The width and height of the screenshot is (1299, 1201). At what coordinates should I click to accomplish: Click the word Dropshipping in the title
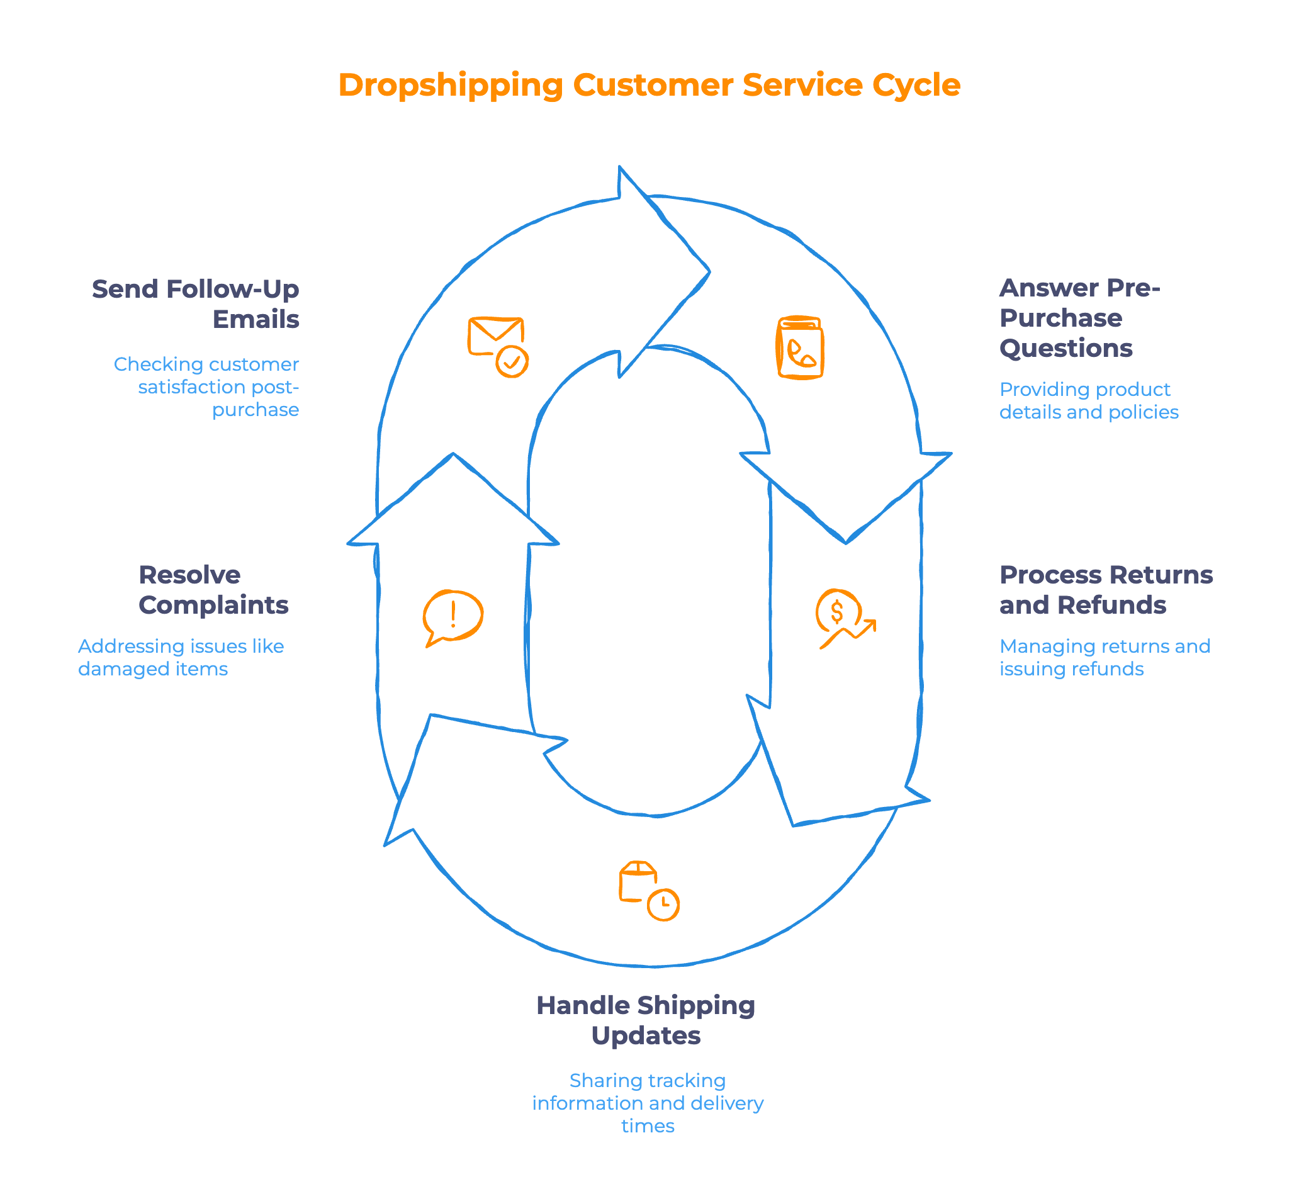point(451,85)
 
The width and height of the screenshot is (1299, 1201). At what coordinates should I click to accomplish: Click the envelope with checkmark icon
point(498,346)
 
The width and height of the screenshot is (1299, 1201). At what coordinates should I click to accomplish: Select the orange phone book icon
point(800,347)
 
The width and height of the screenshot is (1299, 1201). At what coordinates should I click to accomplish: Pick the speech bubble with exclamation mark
point(453,617)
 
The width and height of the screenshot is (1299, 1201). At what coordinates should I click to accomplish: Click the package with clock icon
point(648,890)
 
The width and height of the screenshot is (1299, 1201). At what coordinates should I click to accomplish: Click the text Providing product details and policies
point(1088,400)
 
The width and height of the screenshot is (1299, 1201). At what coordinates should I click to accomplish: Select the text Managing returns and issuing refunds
point(1104,657)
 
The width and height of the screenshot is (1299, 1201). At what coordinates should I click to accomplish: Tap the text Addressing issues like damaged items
point(181,657)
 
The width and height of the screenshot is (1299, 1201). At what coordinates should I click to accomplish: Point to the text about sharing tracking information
point(647,1103)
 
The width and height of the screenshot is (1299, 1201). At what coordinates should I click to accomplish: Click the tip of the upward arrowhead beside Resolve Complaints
point(453,454)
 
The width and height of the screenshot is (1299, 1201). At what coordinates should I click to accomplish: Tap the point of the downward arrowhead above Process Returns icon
point(845,542)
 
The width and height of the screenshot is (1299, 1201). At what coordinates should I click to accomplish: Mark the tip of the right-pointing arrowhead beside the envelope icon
point(709,272)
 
